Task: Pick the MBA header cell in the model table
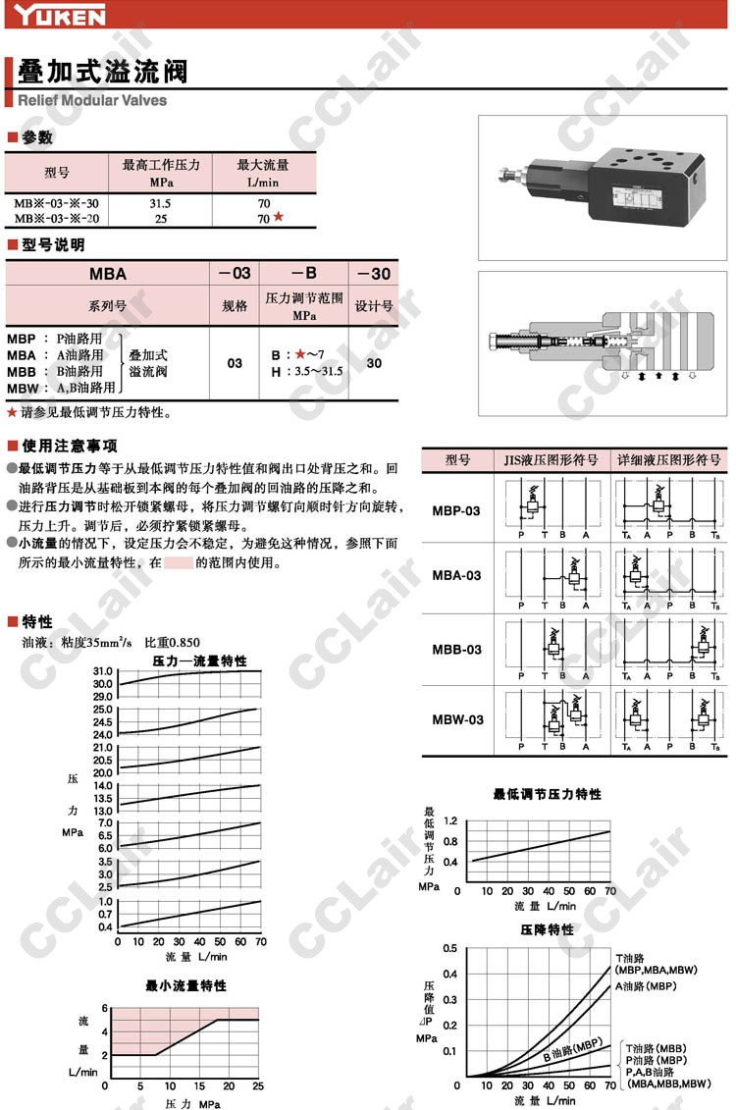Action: click(108, 274)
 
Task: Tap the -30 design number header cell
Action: click(374, 274)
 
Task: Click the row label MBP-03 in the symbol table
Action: click(457, 510)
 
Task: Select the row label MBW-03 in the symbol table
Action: click(457, 719)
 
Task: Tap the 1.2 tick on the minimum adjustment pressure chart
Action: click(450, 820)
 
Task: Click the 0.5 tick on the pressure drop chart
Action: click(449, 948)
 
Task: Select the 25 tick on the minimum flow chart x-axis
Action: click(258, 1085)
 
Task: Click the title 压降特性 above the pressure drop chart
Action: click(547, 928)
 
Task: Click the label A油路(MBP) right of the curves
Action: click(646, 985)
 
